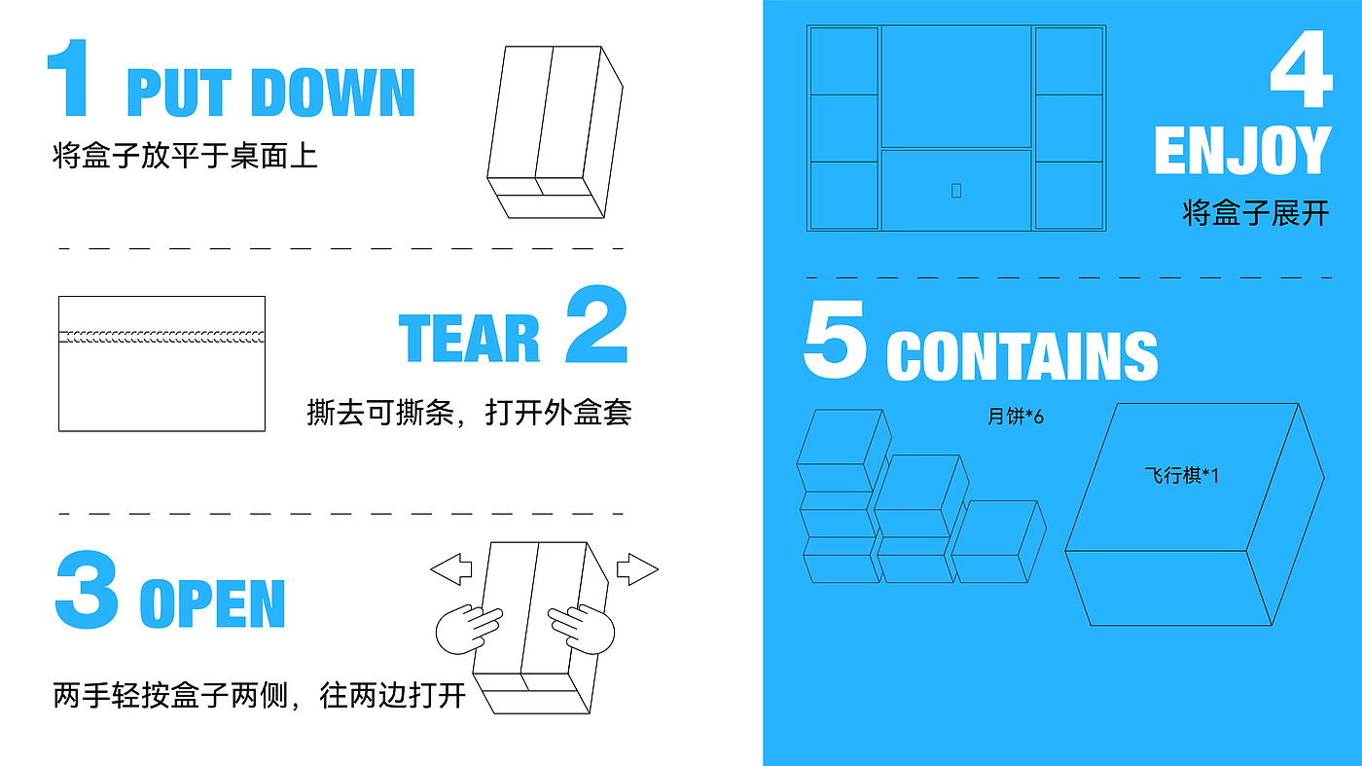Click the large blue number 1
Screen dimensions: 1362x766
[x=69, y=79]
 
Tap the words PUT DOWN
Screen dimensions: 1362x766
[x=270, y=93]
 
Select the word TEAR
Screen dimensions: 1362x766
[x=469, y=338]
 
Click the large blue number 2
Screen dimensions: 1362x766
[x=596, y=325]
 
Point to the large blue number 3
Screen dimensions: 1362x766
[x=87, y=590]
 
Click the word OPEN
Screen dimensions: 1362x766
[x=213, y=603]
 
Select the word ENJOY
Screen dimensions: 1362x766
[x=1241, y=152]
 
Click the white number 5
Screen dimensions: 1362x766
[x=835, y=342]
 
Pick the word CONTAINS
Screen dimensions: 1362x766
[x=1021, y=356]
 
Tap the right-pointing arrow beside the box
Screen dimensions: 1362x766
[x=637, y=568]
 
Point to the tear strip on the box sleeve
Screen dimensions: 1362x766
[x=161, y=337]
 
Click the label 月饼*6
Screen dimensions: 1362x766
[x=1015, y=418]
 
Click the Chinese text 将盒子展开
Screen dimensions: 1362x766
[x=1255, y=213]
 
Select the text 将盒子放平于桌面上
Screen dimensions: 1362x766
[x=185, y=156]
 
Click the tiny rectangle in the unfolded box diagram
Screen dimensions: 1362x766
[x=956, y=191]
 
